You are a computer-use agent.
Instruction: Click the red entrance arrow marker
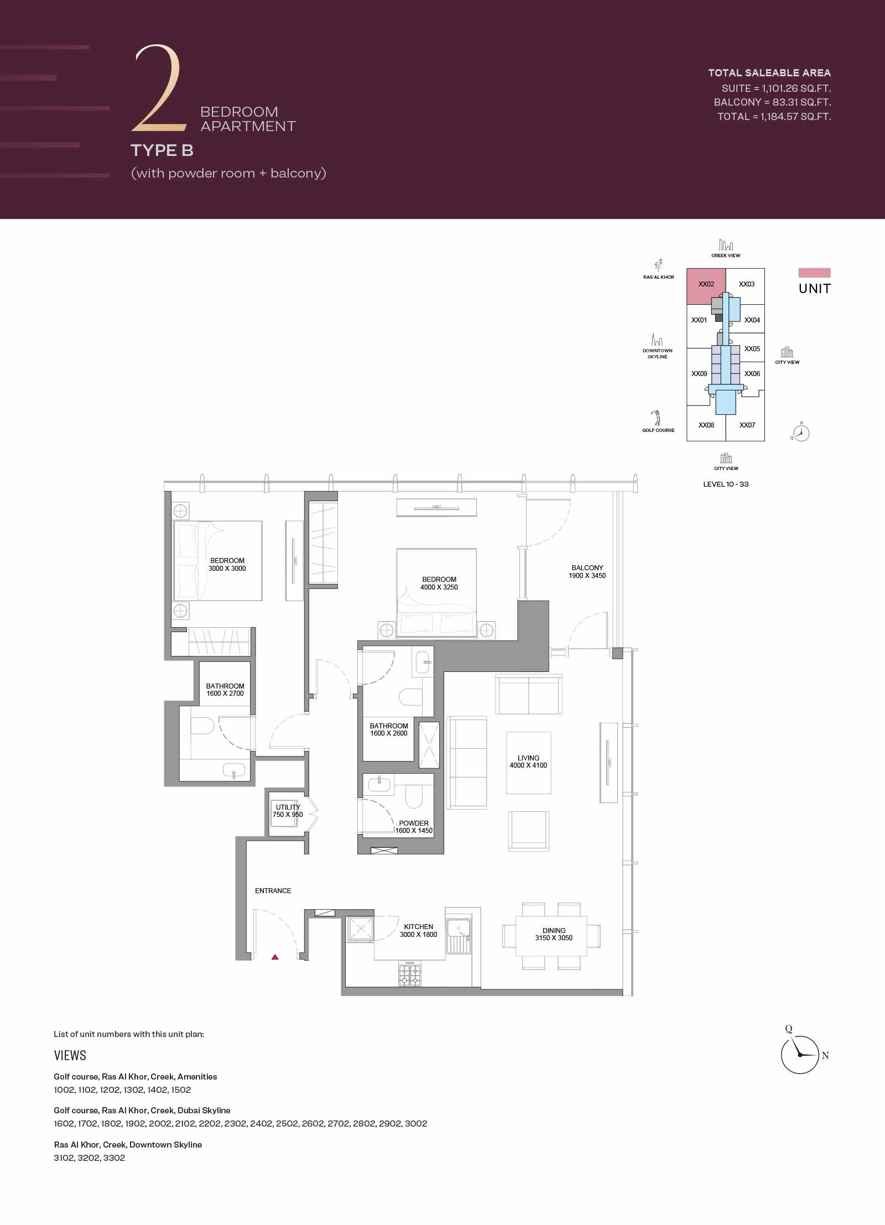(275, 957)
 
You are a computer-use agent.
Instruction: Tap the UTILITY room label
(288, 811)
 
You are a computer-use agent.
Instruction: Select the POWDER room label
(414, 827)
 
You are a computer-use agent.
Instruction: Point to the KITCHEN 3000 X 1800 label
(419, 930)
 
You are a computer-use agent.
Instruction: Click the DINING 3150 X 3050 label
(554, 934)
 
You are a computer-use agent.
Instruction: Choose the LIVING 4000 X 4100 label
(528, 762)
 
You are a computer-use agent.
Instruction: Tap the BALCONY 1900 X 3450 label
(587, 571)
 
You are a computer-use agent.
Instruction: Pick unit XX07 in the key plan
(747, 425)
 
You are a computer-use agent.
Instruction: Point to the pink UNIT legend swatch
(814, 273)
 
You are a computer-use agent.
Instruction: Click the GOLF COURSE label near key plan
(658, 430)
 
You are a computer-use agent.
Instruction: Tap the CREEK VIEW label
(726, 256)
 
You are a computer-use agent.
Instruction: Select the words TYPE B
(162, 150)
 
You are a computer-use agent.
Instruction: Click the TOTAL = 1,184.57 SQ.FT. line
(774, 117)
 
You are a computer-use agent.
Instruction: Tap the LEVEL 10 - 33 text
(726, 484)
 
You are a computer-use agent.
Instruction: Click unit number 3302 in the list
(114, 1158)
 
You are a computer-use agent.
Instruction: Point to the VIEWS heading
(70, 1055)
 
